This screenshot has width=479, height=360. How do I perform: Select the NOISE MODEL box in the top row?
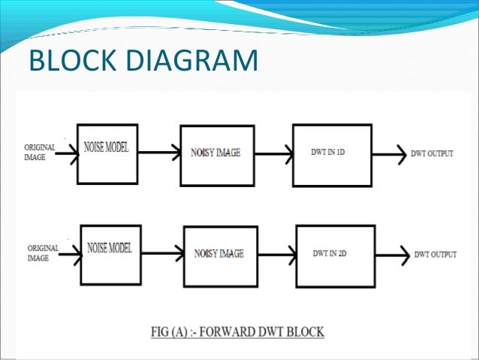click(x=107, y=153)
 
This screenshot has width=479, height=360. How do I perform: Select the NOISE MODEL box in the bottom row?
click(x=111, y=255)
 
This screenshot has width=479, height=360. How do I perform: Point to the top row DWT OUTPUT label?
click(x=432, y=153)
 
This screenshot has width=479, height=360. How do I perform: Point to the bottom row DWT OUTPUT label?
click(x=435, y=255)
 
